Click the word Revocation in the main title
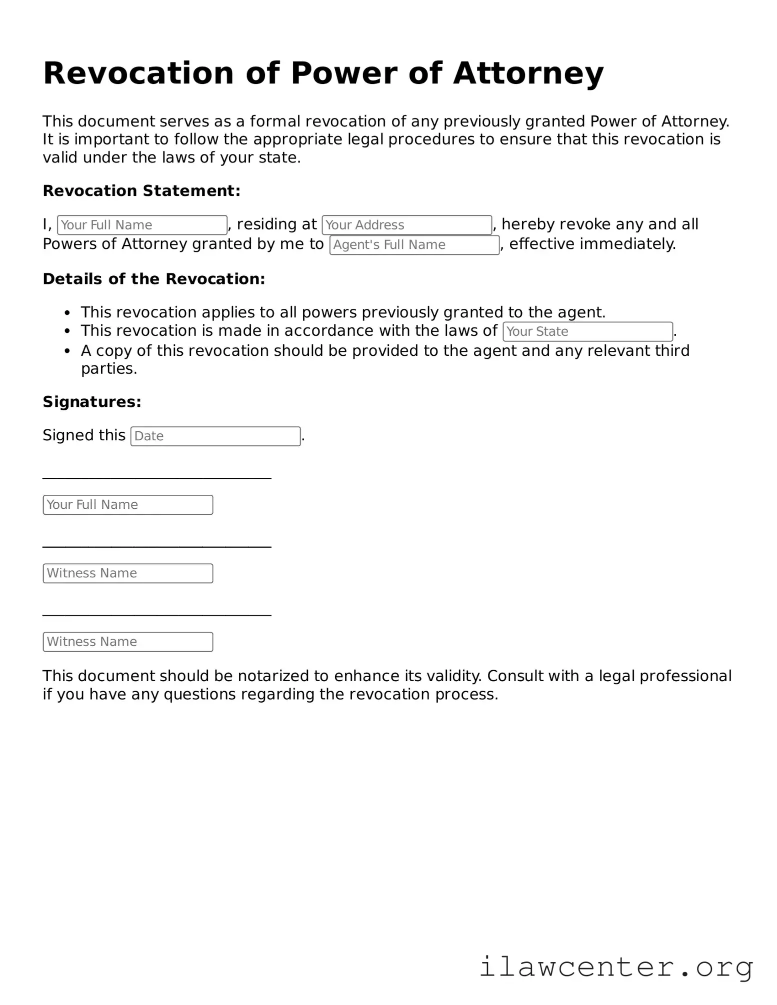click(138, 73)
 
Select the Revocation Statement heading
click(141, 191)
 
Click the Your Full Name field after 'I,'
click(142, 225)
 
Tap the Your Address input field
click(406, 225)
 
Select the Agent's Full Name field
click(414, 245)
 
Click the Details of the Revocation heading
click(153, 279)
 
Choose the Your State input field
click(587, 331)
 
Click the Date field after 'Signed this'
click(215, 436)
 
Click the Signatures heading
click(92, 402)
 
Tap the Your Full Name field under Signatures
click(127, 505)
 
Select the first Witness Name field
click(127, 573)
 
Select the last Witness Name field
click(127, 642)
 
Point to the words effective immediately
click(592, 244)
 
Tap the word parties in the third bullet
click(108, 369)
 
